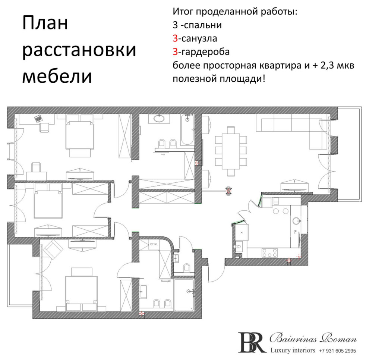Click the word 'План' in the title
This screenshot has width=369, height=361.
tap(45, 24)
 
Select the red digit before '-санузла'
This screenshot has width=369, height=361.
tap(175, 38)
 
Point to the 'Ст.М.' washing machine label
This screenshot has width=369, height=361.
tap(153, 245)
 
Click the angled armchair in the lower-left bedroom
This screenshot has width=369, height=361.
tap(53, 248)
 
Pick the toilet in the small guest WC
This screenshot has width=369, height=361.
tap(189, 268)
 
